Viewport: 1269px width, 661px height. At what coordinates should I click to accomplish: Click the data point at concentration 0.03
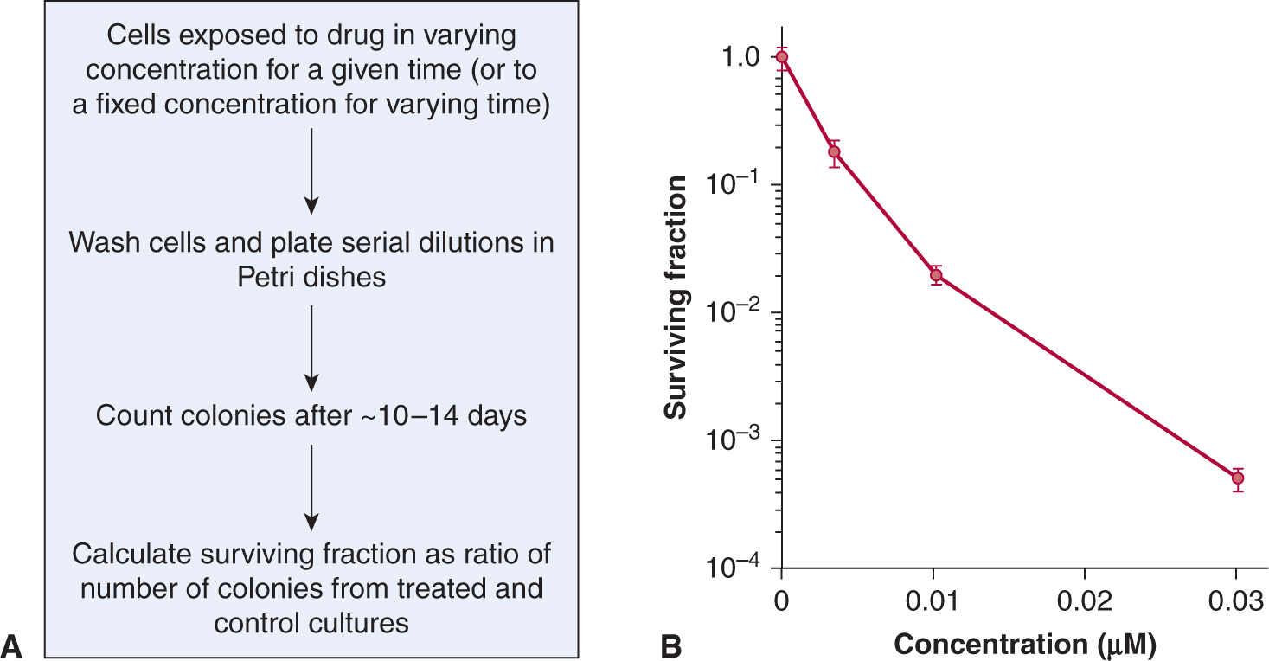click(x=1237, y=478)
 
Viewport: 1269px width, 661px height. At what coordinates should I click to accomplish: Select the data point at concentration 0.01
click(x=936, y=275)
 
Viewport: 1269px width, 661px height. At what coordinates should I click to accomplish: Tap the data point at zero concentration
click(x=782, y=57)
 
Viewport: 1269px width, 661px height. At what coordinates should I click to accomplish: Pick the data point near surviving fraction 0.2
click(x=834, y=152)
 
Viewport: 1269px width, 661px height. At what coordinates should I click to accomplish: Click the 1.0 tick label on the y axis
click(x=741, y=57)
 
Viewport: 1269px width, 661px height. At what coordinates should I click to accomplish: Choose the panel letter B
click(x=671, y=644)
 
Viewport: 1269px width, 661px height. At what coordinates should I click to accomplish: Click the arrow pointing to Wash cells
click(x=311, y=170)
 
